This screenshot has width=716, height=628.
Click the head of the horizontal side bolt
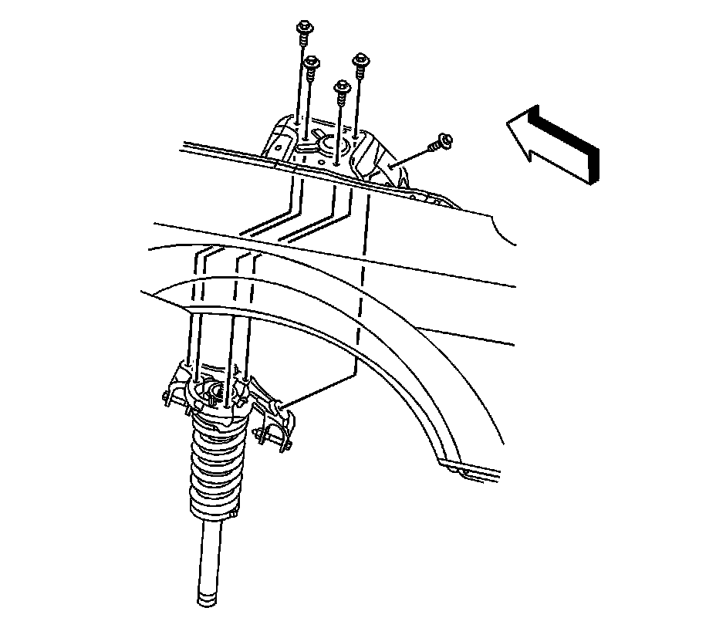[444, 141]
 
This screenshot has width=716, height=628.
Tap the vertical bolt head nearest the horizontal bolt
[360, 59]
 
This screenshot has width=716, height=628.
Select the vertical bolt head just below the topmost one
[311, 62]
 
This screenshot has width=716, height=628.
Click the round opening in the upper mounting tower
[333, 143]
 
